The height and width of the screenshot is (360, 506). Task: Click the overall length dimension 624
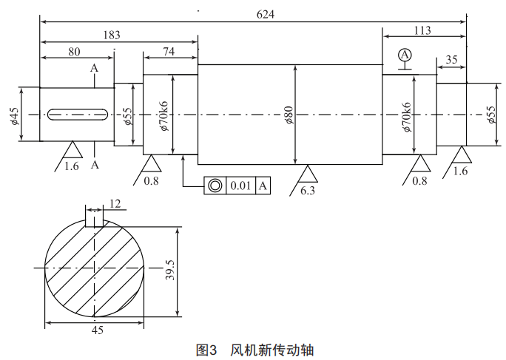click(x=265, y=15)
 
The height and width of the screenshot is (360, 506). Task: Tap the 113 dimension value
click(x=423, y=30)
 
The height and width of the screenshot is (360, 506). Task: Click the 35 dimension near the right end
click(x=451, y=59)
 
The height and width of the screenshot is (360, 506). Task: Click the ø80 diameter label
click(x=289, y=115)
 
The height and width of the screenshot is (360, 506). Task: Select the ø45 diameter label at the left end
click(x=15, y=115)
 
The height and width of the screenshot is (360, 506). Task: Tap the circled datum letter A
click(x=404, y=55)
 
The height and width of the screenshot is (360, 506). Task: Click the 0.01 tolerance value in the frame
click(x=240, y=185)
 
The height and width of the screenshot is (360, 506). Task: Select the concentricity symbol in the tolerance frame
click(x=215, y=185)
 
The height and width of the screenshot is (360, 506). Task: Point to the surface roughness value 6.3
click(x=308, y=190)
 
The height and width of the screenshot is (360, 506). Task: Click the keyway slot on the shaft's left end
click(x=78, y=114)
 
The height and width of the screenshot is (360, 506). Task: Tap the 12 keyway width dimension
click(x=115, y=204)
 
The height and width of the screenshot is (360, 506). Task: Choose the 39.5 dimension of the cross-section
click(x=170, y=270)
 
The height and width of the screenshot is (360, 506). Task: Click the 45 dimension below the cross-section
click(x=97, y=330)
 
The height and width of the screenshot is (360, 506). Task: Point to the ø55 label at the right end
click(x=492, y=115)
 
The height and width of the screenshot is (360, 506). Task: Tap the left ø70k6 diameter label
click(x=163, y=115)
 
